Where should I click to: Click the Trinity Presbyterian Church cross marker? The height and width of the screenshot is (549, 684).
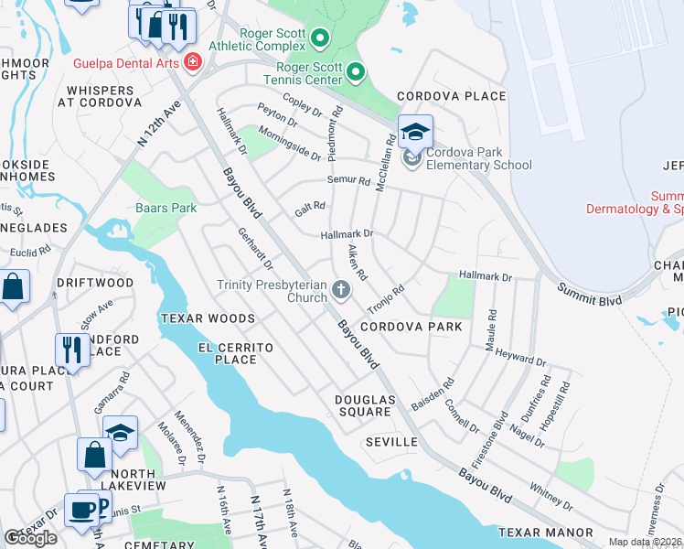341,291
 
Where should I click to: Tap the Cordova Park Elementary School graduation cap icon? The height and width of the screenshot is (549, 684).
415,132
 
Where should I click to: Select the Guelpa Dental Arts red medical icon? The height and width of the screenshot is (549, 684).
192,62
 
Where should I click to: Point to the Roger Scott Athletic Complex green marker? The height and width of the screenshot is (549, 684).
319,38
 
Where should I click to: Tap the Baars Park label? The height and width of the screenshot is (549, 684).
166,208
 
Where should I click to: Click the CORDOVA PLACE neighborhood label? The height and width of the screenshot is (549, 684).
451,96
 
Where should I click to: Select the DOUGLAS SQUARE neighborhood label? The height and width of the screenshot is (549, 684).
363,405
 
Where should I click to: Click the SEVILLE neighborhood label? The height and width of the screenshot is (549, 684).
391,442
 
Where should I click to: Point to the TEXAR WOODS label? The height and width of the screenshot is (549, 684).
208,318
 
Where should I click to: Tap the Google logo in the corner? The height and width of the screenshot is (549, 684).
30,538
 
